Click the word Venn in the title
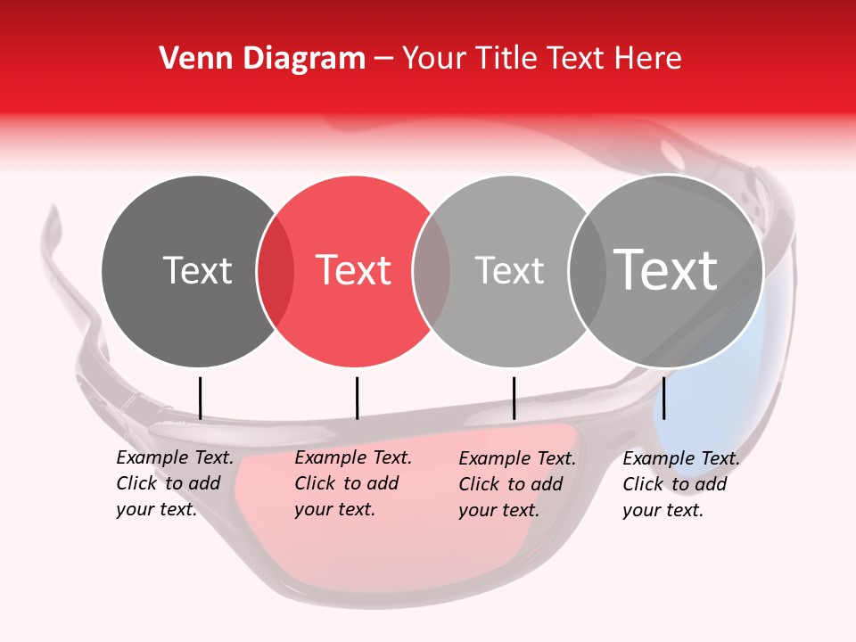(191, 59)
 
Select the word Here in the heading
(648, 59)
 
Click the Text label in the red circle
(354, 270)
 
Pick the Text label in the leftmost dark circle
(197, 270)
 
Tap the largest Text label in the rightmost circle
(666, 269)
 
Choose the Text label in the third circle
(509, 270)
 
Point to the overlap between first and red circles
(276, 271)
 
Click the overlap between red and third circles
(432, 271)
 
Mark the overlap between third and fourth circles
(588, 271)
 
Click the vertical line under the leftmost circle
(200, 398)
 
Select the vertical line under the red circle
(357, 398)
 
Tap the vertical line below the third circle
(514, 398)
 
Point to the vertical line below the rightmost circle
(663, 398)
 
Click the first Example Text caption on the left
(175, 483)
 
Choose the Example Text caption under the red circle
(353, 483)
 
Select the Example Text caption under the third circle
(517, 483)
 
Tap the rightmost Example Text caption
(681, 483)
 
